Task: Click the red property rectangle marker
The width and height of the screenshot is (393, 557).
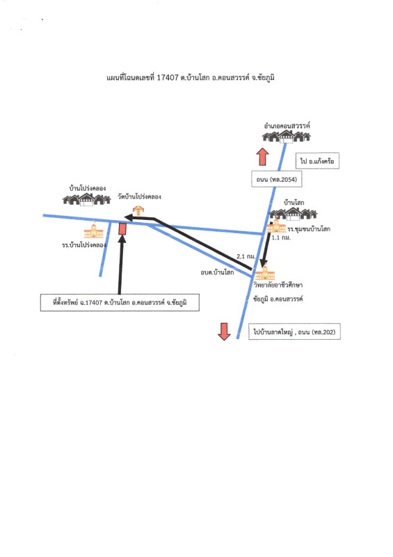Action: click(x=122, y=228)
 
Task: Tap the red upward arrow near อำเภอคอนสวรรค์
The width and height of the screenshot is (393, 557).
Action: click(x=263, y=157)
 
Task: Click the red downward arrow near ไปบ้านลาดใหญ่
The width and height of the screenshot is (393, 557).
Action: click(x=224, y=332)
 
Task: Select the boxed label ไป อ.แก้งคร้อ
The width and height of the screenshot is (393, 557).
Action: click(x=317, y=161)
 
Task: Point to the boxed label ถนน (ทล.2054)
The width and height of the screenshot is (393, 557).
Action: click(x=277, y=180)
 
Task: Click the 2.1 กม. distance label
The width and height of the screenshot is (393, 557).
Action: click(x=246, y=256)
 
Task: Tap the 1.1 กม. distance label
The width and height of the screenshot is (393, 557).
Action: click(x=281, y=237)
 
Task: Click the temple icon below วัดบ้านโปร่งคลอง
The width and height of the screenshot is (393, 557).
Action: click(x=138, y=210)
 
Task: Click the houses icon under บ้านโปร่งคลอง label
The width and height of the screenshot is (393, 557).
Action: click(x=87, y=200)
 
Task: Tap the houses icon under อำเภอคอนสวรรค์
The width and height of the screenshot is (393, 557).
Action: click(x=287, y=136)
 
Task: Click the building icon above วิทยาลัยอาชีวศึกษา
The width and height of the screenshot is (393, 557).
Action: click(x=265, y=272)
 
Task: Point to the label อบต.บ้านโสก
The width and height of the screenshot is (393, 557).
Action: click(x=217, y=272)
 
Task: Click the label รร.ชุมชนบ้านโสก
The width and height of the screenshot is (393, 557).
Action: click(x=309, y=229)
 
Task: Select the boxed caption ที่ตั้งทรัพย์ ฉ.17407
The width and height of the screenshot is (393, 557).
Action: click(x=120, y=303)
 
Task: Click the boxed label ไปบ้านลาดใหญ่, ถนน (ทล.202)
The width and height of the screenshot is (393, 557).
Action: click(x=294, y=332)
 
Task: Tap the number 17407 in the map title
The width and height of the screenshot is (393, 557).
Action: click(x=167, y=77)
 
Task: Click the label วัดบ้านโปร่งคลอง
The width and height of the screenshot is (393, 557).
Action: click(x=140, y=196)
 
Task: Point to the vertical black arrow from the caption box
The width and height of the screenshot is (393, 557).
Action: click(x=121, y=265)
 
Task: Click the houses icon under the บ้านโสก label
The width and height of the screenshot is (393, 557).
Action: click(x=294, y=214)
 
